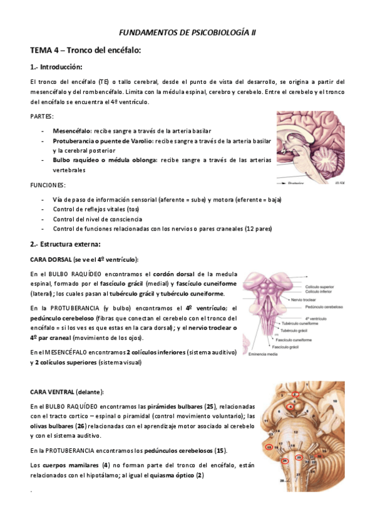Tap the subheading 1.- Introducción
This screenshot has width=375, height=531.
pos(56,67)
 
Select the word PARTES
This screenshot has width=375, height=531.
pos(42,116)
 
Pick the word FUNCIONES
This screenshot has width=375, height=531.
pos(48,185)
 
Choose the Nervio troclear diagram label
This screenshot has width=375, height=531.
pos(322,300)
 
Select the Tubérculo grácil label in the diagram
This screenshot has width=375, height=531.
pos(297,330)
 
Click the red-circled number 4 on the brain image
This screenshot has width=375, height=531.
pos(290,408)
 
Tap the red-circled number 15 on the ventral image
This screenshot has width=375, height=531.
pos(269,448)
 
